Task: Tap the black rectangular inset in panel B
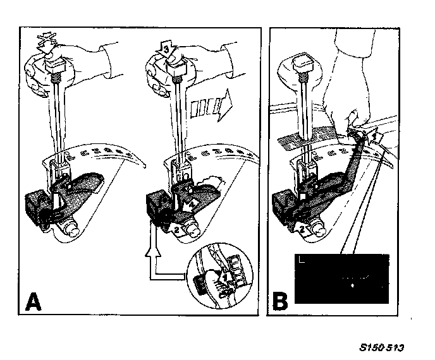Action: [340, 277]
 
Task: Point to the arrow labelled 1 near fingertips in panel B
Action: [372, 135]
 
